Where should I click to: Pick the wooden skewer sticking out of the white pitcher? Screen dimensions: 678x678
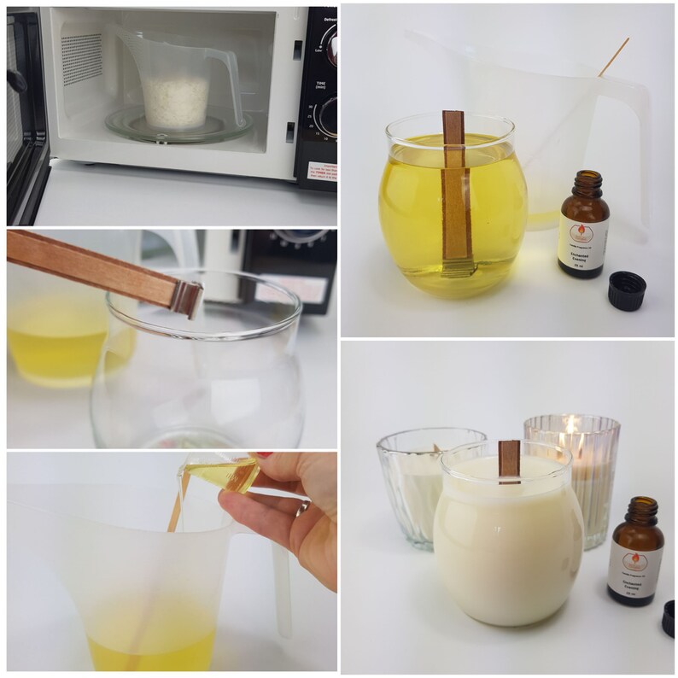(x=613, y=56)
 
